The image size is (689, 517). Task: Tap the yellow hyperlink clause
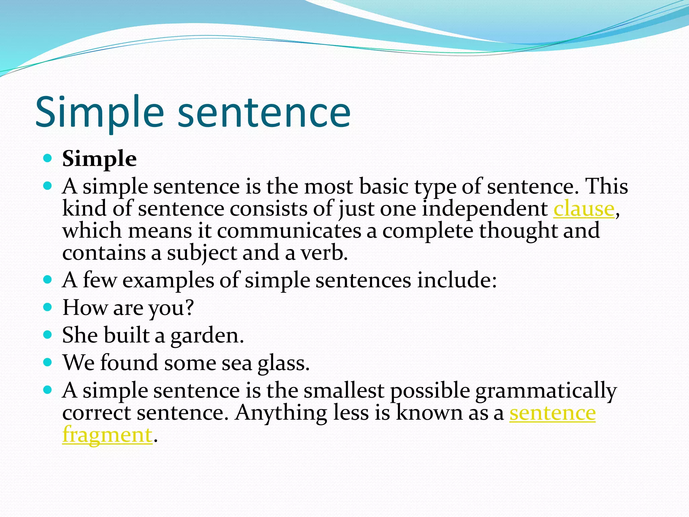point(584,209)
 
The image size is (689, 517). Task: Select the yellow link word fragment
point(107,435)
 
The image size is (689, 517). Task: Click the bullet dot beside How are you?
point(48,307)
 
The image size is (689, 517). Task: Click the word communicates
point(289,231)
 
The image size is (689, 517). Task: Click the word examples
point(168,280)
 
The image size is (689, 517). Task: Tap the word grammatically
point(546,391)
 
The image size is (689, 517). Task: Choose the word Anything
point(281,413)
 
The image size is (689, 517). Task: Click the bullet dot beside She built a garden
point(48,335)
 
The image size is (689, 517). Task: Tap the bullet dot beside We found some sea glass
point(48,362)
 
